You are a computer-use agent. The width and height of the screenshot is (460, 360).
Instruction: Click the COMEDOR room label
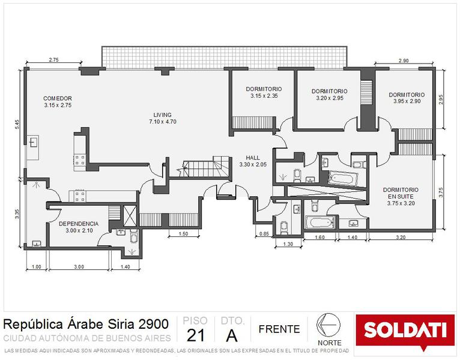58,98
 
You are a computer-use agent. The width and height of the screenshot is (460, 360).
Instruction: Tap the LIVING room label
163,115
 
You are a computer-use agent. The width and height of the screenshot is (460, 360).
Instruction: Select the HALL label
253,158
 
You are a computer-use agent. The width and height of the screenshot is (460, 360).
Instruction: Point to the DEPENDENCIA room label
79,224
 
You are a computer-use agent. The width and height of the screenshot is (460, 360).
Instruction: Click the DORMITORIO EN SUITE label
401,193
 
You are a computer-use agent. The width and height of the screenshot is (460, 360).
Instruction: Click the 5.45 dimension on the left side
17,124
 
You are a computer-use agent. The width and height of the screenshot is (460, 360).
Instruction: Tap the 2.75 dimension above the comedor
53,59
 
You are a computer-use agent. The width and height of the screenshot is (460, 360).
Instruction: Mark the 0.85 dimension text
264,233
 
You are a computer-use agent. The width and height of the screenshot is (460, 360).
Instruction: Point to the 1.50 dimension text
183,233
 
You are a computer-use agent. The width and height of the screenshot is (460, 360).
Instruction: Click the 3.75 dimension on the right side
441,193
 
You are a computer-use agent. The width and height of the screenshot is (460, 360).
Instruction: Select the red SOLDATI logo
405,331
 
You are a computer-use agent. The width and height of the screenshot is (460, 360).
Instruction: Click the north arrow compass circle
328,325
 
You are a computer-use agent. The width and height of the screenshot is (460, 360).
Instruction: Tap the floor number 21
196,335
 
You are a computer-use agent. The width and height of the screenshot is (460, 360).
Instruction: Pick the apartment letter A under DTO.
232,335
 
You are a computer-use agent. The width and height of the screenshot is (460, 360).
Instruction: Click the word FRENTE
279,329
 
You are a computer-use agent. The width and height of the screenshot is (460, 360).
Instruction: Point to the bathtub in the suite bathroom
343,178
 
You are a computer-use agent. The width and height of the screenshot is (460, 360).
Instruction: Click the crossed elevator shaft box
130,217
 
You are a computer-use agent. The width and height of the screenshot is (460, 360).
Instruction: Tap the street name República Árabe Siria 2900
86,324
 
